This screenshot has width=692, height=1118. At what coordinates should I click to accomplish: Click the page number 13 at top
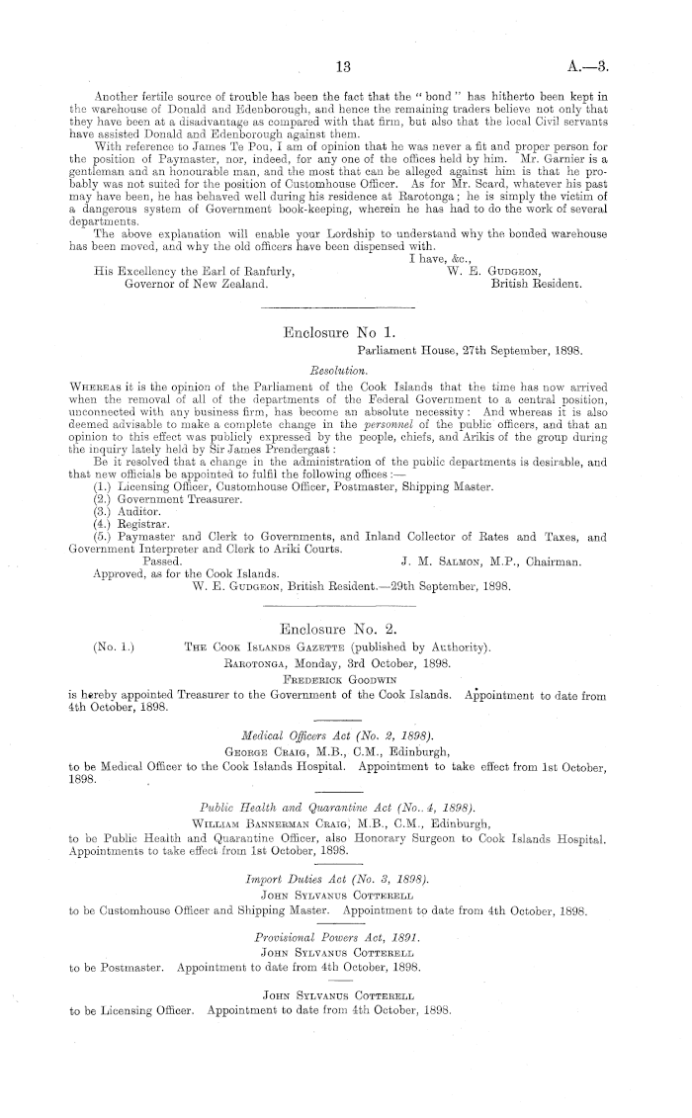click(x=344, y=68)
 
